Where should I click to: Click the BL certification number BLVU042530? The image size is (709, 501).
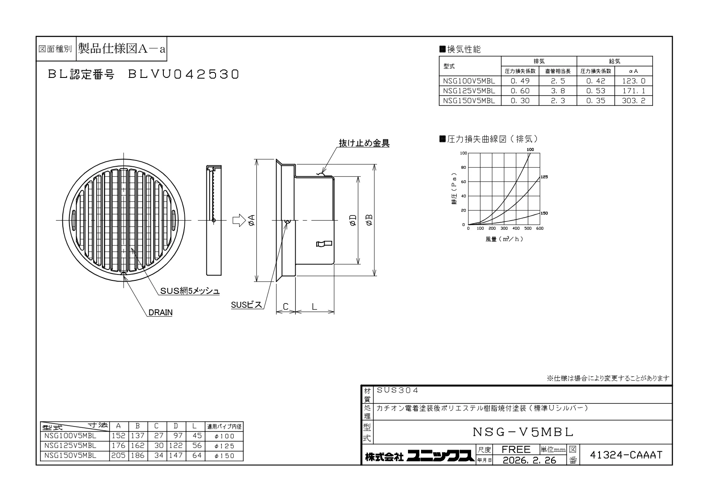(x=184, y=75)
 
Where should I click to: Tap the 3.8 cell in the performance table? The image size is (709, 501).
(x=558, y=91)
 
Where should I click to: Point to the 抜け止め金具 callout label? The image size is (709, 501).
(x=364, y=143)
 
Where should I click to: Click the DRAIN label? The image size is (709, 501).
(x=160, y=312)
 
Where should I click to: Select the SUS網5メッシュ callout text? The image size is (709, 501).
(x=189, y=291)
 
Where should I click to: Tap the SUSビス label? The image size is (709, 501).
(x=247, y=305)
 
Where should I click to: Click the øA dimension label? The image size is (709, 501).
(x=251, y=220)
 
